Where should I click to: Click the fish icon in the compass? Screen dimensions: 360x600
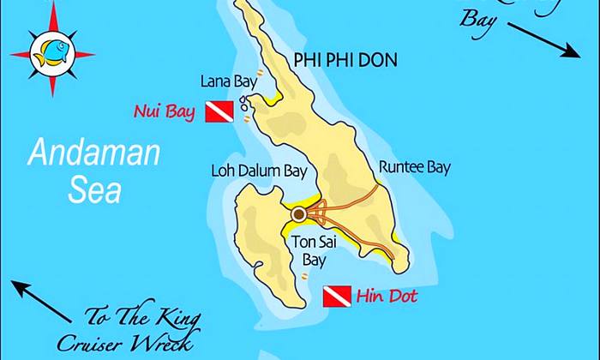(x=51, y=51)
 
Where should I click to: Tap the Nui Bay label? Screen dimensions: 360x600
(x=166, y=111)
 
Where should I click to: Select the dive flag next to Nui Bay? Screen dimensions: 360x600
(x=219, y=111)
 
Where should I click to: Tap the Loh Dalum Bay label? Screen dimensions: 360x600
(x=259, y=171)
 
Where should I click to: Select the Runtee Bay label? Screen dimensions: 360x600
(x=414, y=168)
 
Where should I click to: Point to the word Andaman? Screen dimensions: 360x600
(x=93, y=154)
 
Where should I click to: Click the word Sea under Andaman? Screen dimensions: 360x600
(x=95, y=190)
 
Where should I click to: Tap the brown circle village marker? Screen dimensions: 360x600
(x=298, y=213)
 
